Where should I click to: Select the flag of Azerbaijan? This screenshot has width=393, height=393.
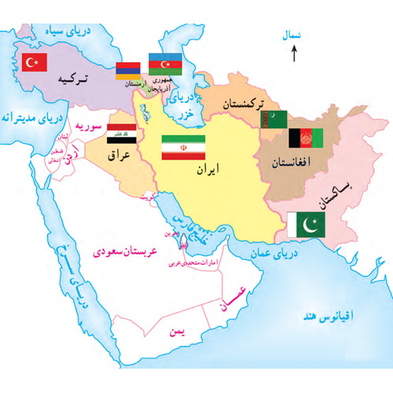pos(165,64)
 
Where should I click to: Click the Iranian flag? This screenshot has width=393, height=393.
pos(182,148)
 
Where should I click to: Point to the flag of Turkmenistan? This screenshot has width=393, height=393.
pos(271,119)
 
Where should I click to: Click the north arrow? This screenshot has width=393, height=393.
pos(292,53)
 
